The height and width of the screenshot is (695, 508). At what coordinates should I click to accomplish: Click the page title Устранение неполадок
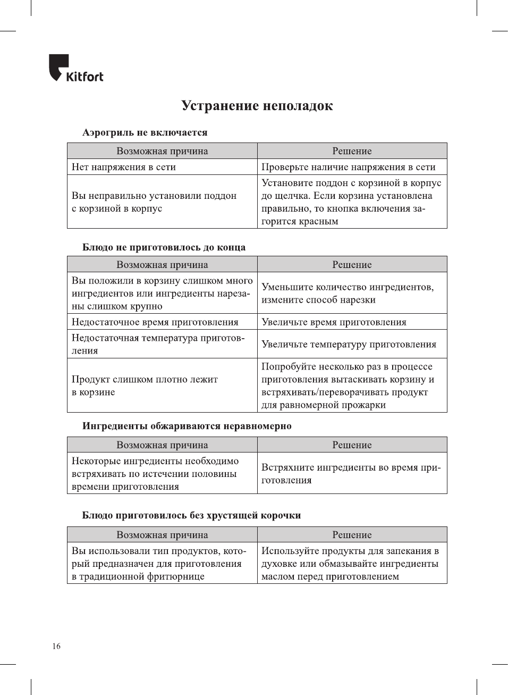[257, 106]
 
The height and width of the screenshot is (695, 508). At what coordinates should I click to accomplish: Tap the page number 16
[56, 646]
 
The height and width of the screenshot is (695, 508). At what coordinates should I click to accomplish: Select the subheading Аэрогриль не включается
[145, 132]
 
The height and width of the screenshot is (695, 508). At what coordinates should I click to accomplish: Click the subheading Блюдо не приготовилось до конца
[164, 247]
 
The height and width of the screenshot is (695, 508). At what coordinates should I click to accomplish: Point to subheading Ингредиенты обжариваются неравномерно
[187, 426]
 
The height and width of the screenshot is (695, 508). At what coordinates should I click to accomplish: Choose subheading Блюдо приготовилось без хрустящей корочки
[191, 515]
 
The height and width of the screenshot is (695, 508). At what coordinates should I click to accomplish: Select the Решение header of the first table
[352, 151]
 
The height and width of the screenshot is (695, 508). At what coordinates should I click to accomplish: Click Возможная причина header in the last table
[162, 535]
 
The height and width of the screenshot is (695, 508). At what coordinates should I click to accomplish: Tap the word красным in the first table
[318, 221]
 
